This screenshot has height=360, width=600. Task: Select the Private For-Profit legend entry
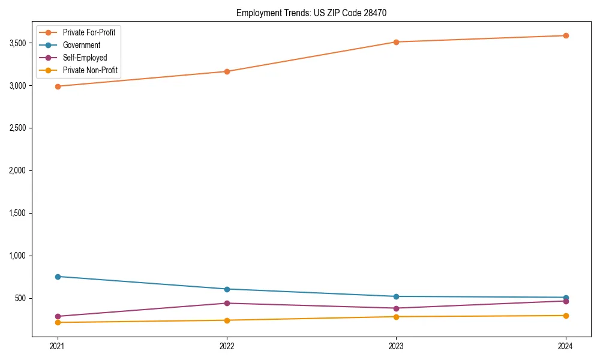tap(89, 32)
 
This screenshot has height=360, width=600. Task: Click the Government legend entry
tap(82, 45)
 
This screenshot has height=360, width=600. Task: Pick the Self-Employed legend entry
tap(85, 58)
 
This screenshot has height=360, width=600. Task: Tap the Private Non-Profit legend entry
tap(90, 71)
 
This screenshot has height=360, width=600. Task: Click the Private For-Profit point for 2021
tap(58, 86)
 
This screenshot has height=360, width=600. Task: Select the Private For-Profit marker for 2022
tap(227, 71)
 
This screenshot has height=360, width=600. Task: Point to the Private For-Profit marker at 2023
tap(396, 42)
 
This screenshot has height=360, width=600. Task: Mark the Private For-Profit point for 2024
tap(566, 35)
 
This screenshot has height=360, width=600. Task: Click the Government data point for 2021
tap(58, 277)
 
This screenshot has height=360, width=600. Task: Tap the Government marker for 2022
tap(227, 289)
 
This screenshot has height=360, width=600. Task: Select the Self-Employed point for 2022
tap(227, 303)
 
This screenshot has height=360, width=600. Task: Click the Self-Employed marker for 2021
tap(58, 316)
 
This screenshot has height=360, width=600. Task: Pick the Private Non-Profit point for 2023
tap(396, 317)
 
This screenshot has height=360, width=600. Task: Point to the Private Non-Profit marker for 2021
tap(58, 322)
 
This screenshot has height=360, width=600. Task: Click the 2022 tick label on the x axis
tap(227, 346)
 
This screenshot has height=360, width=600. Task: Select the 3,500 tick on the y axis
tap(17, 43)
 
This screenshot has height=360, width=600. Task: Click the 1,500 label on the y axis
tap(17, 213)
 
